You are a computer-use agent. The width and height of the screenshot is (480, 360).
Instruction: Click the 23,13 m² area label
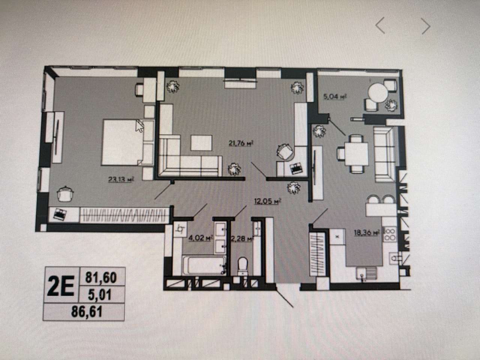coord(121,180)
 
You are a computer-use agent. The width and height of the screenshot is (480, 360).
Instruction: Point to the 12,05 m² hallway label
coord(267,201)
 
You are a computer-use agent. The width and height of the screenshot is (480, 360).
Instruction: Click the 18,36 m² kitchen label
coord(367,233)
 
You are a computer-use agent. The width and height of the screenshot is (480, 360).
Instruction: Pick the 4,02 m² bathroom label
coord(201,238)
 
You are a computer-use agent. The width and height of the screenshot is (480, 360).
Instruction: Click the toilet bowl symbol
coord(243,266)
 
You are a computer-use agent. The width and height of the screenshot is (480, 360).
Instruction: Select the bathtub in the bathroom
coord(204,265)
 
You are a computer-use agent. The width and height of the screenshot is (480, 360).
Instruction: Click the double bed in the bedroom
coord(128,142)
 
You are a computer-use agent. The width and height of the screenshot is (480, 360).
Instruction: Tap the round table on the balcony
coord(378,93)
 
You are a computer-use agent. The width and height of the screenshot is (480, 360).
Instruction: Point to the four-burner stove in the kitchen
coord(390,234)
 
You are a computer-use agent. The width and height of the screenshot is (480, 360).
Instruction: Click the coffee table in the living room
coord(201,143)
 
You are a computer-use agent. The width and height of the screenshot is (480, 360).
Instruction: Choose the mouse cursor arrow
coord(139,126)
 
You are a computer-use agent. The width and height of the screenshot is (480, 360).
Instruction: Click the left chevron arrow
coord(381,25)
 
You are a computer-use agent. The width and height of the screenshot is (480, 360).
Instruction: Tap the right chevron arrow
coord(426,26)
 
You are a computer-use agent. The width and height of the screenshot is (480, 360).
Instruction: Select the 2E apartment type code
coord(61,286)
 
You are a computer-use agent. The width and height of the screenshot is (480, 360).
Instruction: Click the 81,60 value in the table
coord(101,278)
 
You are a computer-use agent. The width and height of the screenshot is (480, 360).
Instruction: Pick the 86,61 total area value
coord(87,312)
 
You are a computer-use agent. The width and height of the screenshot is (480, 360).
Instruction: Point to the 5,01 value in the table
coord(100,295)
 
